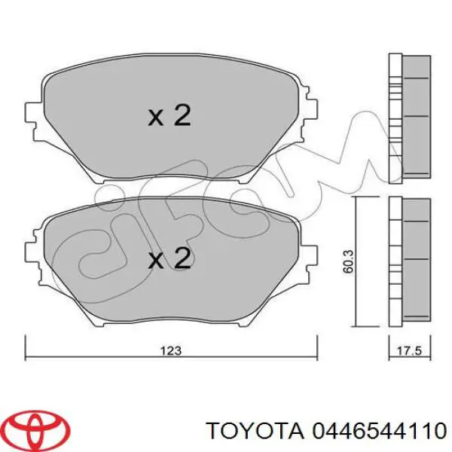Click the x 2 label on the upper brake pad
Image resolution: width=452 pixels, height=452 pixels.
(x=169, y=116)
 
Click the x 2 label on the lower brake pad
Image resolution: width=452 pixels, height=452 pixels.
(x=169, y=260)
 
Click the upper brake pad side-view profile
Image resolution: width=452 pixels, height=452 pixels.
(x=408, y=116)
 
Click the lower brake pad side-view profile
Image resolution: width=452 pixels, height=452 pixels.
(x=408, y=260)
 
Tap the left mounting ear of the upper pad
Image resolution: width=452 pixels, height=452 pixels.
(x=32, y=113)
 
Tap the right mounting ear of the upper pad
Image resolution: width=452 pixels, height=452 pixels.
(x=308, y=113)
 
